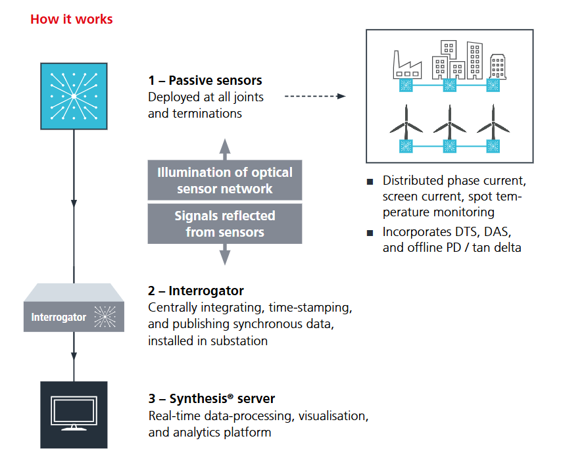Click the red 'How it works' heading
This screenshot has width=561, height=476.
tap(71, 19)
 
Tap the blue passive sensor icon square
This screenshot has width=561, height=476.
tap(74, 96)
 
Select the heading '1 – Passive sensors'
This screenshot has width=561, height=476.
tap(205, 81)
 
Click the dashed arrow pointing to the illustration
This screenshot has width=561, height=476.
tap(314, 96)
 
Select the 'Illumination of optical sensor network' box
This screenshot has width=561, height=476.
tap(225, 180)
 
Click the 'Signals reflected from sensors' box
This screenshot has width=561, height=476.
tap(225, 224)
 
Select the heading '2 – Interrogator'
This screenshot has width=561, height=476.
tap(196, 291)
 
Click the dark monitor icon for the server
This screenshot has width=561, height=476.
tap(74, 414)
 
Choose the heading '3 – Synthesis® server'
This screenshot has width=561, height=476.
tap(212, 399)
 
